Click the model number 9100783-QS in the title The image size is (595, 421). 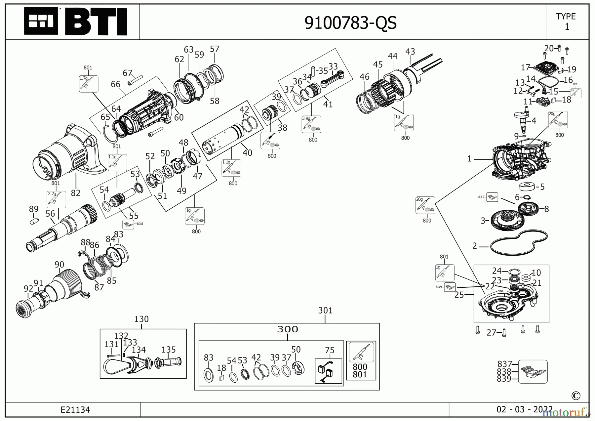[x=350, y=23]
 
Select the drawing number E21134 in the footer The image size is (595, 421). [x=75, y=410]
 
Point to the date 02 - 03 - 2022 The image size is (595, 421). [x=524, y=409]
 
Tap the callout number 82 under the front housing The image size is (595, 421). [x=75, y=192]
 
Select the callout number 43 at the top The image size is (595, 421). [x=410, y=52]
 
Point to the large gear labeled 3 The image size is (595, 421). [x=507, y=221]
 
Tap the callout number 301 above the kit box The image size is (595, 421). [x=325, y=311]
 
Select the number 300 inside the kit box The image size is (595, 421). [x=287, y=329]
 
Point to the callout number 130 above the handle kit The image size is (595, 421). [x=141, y=319]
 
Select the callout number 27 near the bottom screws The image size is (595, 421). [x=491, y=332]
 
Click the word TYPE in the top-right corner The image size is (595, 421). [x=566, y=16]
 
